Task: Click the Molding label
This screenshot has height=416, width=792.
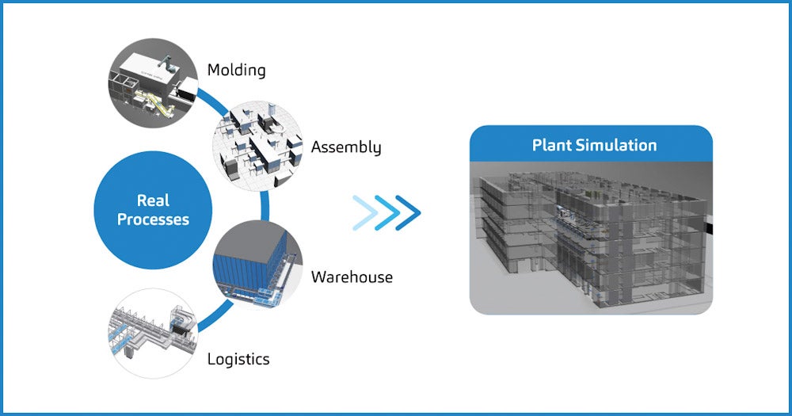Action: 236,71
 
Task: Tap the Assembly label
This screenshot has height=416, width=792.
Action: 346,147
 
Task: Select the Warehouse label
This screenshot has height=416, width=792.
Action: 352,277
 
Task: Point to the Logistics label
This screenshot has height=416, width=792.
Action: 238,359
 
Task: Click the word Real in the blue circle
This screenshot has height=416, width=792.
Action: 153,200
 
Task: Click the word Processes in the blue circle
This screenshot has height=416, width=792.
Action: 153,219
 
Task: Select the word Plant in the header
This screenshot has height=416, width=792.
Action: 551,146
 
